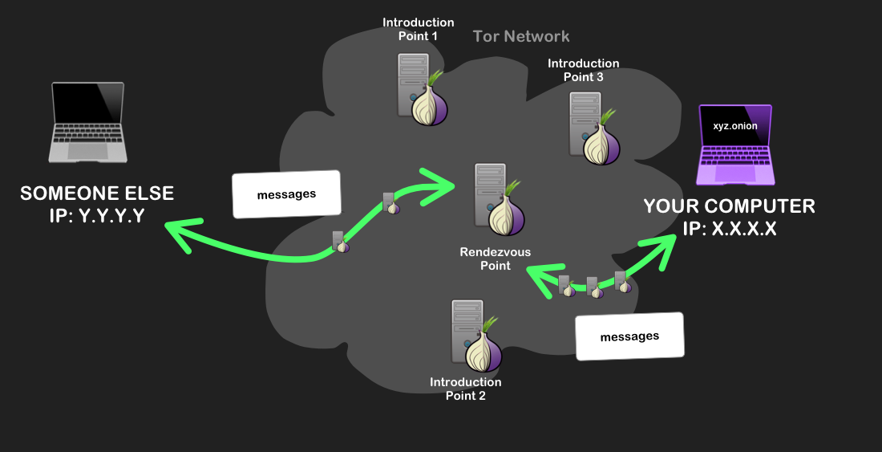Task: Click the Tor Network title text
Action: point(521,36)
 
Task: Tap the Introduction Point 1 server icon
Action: point(420,90)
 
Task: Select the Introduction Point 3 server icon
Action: point(593,127)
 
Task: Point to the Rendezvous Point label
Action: point(495,259)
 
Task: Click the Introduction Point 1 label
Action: point(418,29)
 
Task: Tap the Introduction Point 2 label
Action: point(465,389)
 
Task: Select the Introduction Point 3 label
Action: point(583,70)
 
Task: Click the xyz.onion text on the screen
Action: point(734,126)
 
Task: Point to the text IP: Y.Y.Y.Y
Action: point(96,214)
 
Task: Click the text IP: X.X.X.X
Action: point(729,228)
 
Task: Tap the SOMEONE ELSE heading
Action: point(96,193)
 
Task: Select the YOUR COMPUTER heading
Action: point(729,206)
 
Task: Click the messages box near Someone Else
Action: point(286,194)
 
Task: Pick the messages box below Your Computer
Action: point(629,336)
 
